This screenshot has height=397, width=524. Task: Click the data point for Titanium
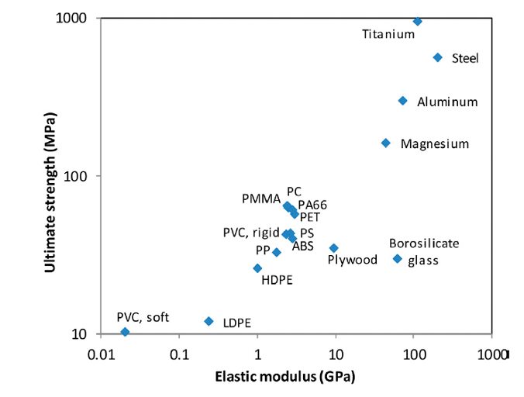click(x=418, y=21)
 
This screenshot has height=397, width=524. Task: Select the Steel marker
click(x=437, y=57)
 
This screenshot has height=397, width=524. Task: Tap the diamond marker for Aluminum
click(x=402, y=101)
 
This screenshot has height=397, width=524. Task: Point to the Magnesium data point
click(x=386, y=143)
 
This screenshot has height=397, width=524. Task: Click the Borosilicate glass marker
click(x=398, y=258)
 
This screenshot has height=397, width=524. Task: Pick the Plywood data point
click(x=334, y=248)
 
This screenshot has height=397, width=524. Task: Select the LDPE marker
click(x=209, y=321)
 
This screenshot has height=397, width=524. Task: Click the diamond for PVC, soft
click(x=125, y=332)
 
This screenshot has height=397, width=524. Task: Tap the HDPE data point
click(x=257, y=268)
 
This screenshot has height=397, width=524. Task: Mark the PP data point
click(x=276, y=252)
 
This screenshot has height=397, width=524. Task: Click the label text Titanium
click(x=388, y=34)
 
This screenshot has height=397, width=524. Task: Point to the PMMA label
click(x=260, y=200)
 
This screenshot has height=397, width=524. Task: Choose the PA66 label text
click(x=312, y=205)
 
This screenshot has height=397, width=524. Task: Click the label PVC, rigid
click(x=246, y=232)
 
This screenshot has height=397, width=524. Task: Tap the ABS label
click(x=302, y=246)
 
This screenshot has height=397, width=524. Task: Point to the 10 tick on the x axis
click(x=336, y=354)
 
